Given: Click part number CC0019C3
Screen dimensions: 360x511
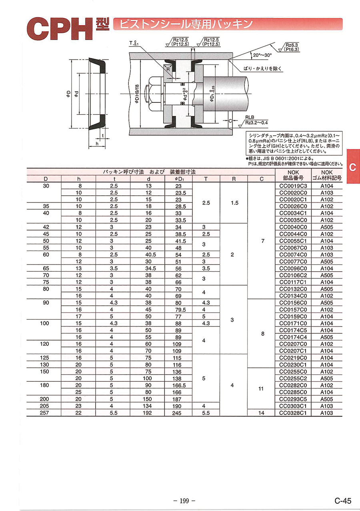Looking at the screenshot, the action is (x=293, y=186).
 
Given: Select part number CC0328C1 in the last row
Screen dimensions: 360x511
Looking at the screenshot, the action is (x=293, y=413).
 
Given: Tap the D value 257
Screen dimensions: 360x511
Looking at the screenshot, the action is (x=44, y=413).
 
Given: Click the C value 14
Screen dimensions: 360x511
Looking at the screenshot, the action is (x=261, y=413).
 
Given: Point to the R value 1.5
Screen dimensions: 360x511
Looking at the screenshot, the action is (x=235, y=203).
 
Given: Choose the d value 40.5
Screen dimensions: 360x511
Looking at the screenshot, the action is (x=150, y=254).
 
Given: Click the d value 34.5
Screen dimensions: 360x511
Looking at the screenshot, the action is (x=150, y=268).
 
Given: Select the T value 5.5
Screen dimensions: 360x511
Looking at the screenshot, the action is (x=206, y=413).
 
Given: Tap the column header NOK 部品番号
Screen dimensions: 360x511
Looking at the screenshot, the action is (x=293, y=175).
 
